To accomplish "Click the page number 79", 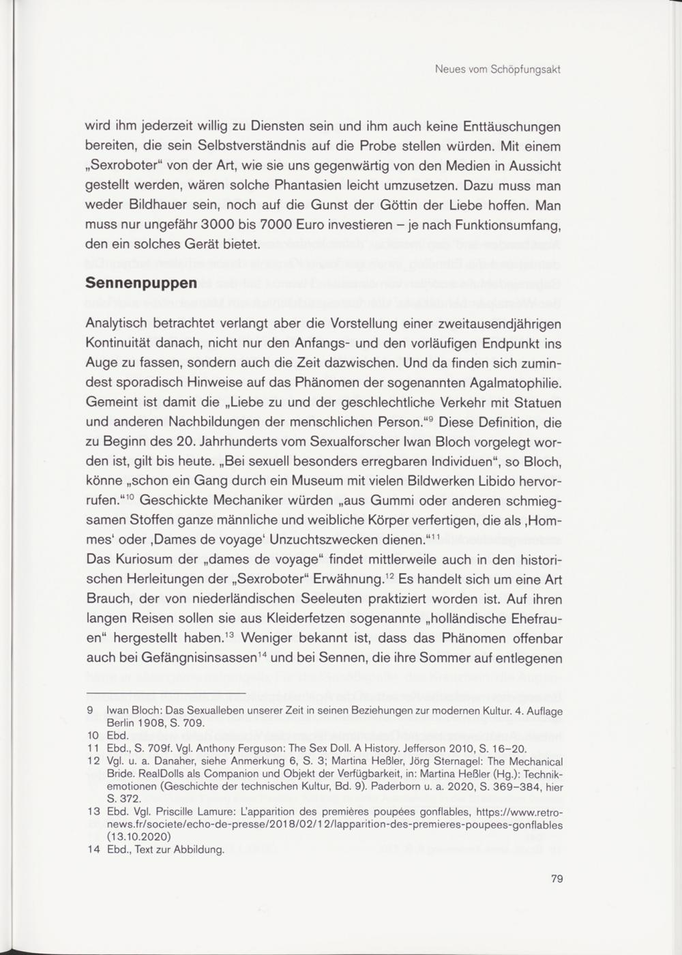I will coord(557,879).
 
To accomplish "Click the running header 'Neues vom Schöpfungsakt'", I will coord(497,70).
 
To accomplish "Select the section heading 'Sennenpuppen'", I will coord(141,282).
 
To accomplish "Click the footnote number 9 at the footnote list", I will coord(90,711).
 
